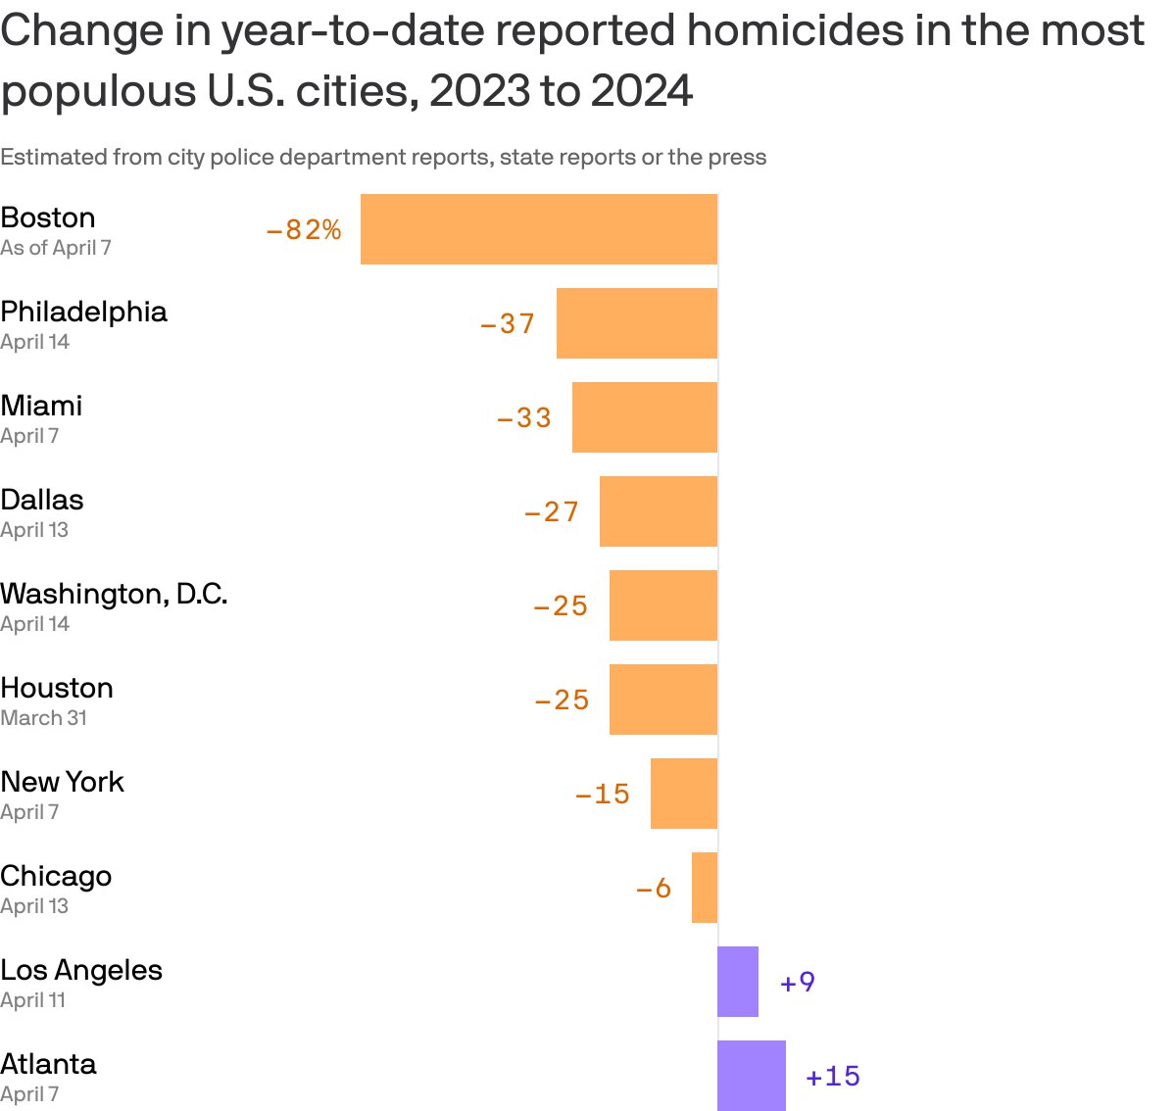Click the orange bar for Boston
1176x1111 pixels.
(539, 229)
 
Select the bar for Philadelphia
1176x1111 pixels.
(637, 323)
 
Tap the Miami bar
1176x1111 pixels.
(645, 417)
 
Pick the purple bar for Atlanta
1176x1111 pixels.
(752, 1076)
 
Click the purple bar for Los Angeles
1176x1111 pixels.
(738, 982)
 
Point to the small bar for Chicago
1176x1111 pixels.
(705, 888)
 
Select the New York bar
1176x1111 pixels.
(684, 794)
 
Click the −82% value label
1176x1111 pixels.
(304, 230)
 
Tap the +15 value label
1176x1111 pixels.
(833, 1077)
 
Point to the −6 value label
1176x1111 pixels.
(654, 889)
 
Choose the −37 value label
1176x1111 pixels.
(508, 324)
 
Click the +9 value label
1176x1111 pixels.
(798, 983)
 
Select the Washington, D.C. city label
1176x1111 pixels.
(114, 594)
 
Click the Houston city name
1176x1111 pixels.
(57, 688)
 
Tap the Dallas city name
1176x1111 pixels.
(42, 500)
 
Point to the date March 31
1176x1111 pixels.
(44, 718)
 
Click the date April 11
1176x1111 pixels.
(33, 1000)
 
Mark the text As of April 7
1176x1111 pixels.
(56, 248)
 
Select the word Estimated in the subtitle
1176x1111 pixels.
(53, 158)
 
